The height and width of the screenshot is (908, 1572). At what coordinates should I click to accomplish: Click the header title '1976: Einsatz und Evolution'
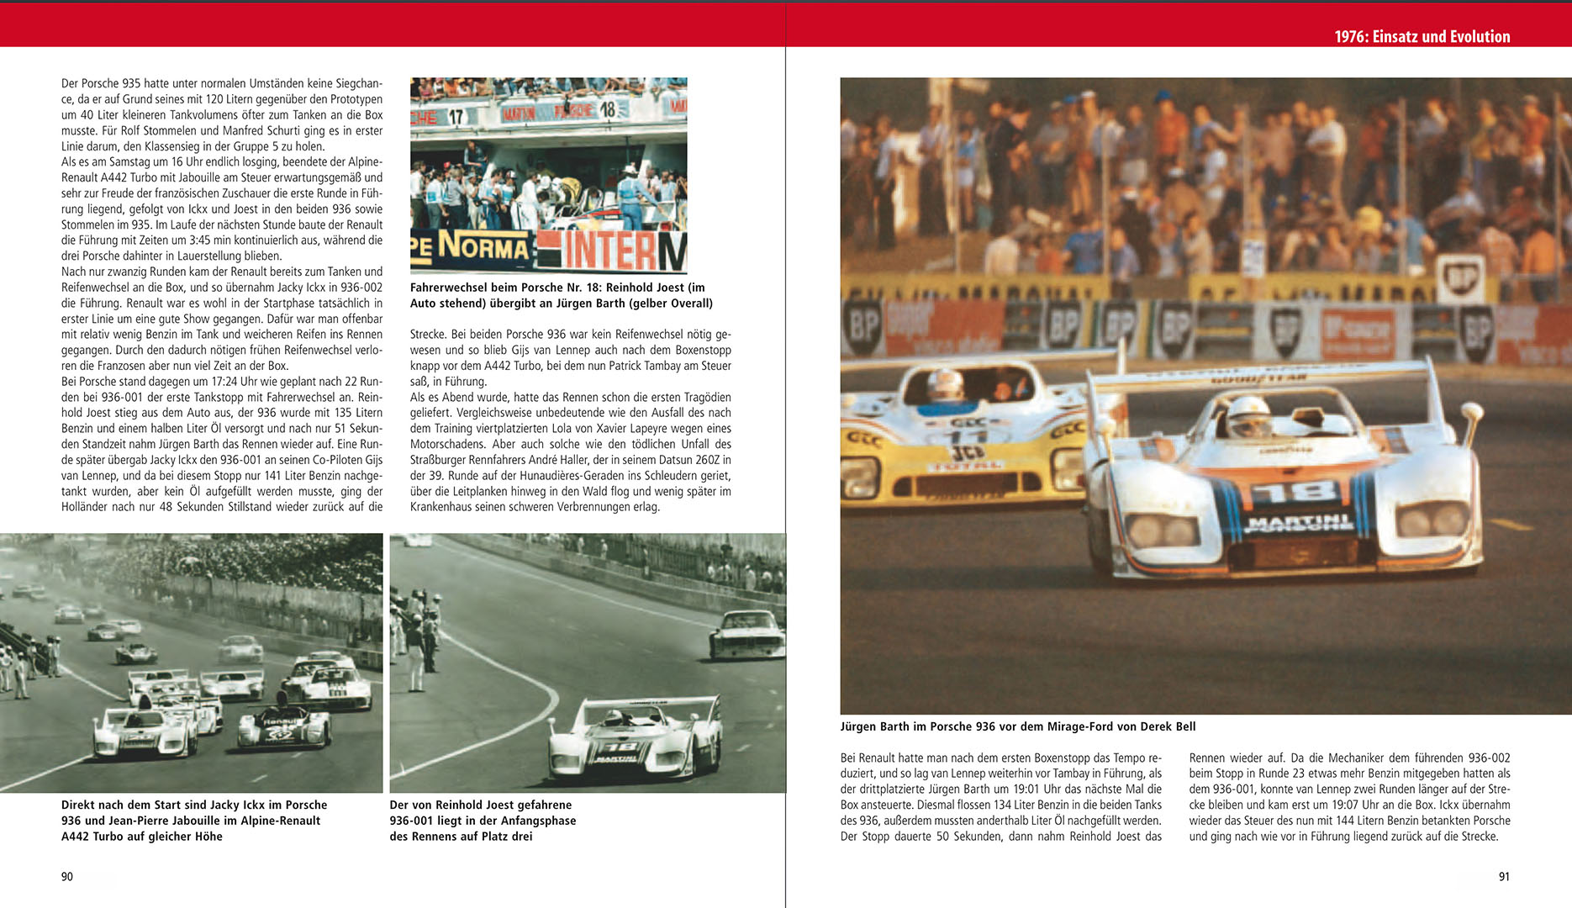pos(1422,36)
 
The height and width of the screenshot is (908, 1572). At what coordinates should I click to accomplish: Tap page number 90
pos(67,876)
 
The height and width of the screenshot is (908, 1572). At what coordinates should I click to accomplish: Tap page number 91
pos(1504,876)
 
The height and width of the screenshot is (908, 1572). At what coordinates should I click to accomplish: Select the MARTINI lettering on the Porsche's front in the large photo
pos(1299,523)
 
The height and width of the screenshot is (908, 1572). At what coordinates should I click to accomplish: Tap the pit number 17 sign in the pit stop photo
pos(455,117)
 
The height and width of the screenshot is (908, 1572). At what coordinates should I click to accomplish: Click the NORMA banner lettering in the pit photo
pos(483,247)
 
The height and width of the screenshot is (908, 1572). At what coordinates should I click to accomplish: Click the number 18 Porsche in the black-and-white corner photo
pos(635,738)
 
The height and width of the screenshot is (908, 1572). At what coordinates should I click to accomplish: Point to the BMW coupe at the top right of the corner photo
pos(746,635)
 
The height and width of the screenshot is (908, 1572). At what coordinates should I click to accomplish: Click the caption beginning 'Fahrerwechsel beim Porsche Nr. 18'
pos(561,295)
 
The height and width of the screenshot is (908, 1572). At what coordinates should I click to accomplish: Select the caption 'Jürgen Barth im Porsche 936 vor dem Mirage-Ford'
pos(1017,726)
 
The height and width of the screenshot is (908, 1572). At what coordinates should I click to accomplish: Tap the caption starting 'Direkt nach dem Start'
pos(193,820)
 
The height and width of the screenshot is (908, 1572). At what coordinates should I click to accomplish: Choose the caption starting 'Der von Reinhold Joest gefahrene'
pos(483,820)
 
